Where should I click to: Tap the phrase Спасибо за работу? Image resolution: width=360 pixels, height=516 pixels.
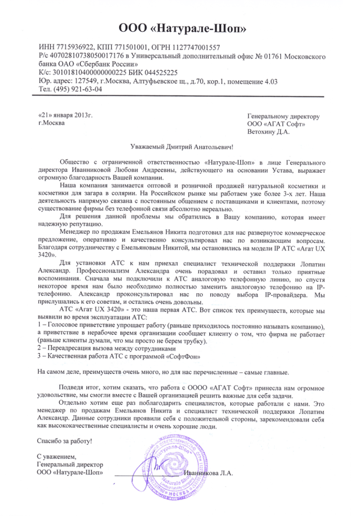coord(66,441)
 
